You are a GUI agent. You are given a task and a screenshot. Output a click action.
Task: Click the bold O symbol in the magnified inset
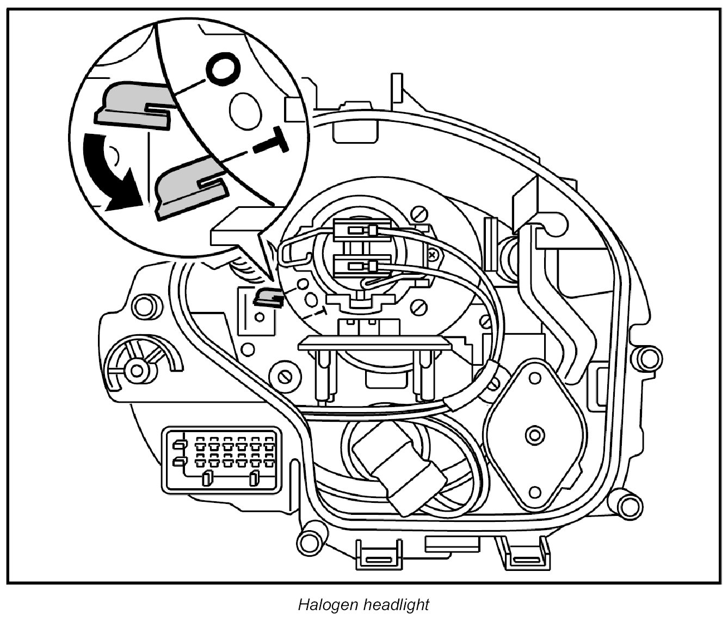pos(222,69)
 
